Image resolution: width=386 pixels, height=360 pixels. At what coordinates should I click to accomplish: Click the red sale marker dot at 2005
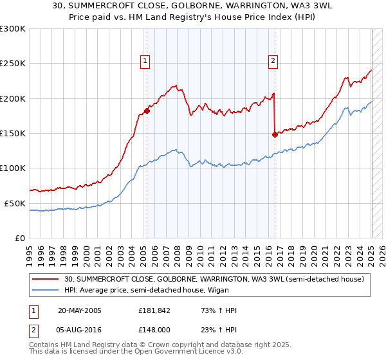point(147,111)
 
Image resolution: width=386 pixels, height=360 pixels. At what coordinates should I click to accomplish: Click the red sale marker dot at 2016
point(275,134)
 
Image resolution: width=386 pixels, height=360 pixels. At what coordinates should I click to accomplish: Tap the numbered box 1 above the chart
point(145,62)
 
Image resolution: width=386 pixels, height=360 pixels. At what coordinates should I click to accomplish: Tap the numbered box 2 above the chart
point(273,62)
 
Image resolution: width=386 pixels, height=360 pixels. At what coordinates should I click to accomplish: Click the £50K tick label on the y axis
point(15,203)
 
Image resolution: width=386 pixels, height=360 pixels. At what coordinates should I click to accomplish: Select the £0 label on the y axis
point(19,238)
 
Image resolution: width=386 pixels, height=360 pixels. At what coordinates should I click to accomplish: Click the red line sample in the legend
point(45,279)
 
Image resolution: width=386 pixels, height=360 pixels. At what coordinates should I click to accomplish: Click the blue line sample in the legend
point(45,290)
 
